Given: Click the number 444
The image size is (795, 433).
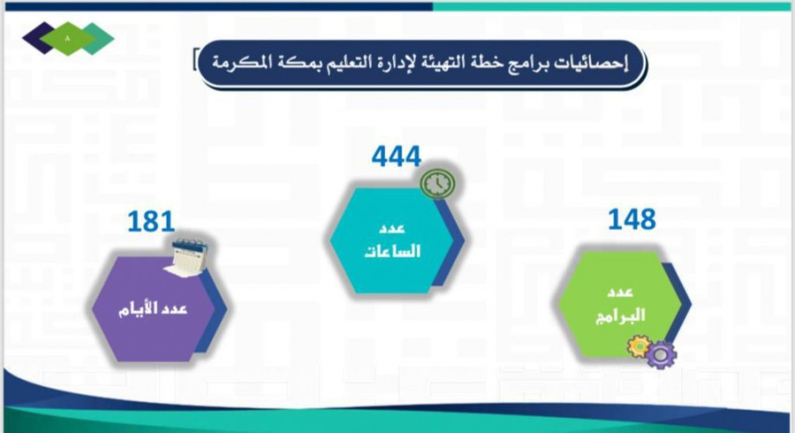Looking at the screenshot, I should click(x=396, y=157).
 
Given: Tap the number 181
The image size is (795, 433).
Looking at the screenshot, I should click(x=151, y=223).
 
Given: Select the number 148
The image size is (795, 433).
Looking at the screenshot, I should click(x=632, y=219).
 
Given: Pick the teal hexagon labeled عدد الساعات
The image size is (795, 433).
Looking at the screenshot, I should click(x=394, y=240).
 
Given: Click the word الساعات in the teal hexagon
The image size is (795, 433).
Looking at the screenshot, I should click(x=394, y=252).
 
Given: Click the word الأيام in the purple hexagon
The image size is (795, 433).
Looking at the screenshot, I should click(x=138, y=309).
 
